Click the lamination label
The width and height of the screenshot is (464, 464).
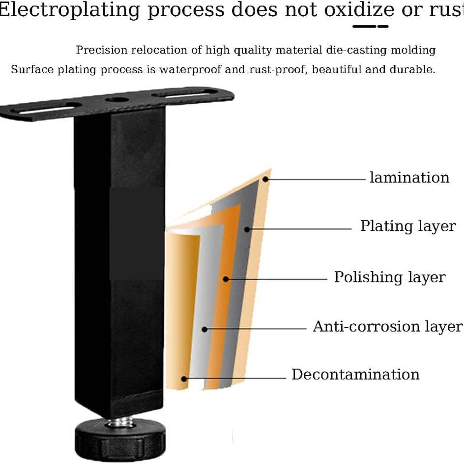click(409, 178)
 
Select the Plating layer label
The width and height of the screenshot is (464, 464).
click(408, 227)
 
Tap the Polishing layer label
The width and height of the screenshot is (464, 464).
click(390, 277)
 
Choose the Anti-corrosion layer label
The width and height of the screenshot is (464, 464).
click(388, 327)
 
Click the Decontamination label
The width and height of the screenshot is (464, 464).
click(355, 375)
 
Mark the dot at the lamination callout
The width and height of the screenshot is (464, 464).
click(265, 179)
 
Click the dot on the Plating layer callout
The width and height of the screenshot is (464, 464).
click(247, 230)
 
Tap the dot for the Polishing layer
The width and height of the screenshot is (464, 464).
click(226, 279)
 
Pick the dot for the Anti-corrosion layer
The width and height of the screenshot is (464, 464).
click(204, 329)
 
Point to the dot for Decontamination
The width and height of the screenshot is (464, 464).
click(184, 379)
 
